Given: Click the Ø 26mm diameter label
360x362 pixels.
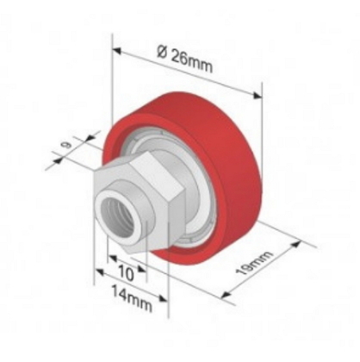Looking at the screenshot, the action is [x=185, y=59].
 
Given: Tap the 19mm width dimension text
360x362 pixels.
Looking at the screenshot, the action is [x=253, y=263].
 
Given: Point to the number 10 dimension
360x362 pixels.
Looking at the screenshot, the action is [x=126, y=272].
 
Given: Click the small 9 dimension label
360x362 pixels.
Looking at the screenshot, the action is [x=67, y=146].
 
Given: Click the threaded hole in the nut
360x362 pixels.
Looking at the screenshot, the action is [x=117, y=215].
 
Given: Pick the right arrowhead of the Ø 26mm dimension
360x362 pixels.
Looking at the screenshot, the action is [x=257, y=96].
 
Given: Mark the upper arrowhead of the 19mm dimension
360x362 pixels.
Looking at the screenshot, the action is [x=295, y=245].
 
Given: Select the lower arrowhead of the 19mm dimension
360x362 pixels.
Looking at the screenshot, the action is [x=227, y=295].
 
